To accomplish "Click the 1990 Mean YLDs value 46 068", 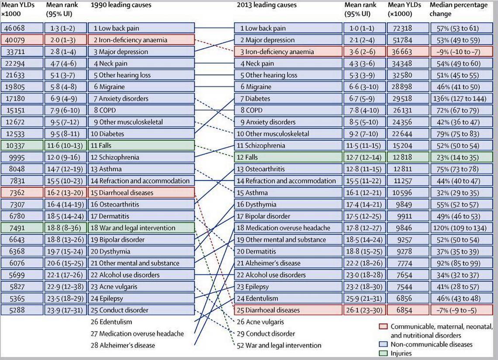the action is pos(14,28).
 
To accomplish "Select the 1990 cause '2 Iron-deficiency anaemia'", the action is pos(130,40).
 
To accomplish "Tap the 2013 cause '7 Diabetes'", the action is pos(255,98).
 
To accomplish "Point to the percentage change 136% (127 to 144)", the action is pos(460,98).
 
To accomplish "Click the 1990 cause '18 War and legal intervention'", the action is pos(133,228).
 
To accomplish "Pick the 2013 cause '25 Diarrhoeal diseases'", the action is pos(268,310).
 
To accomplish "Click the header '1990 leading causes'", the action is pos(121,5).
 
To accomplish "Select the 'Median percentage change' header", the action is pos(459,9).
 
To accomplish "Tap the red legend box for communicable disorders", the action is pos(384,327).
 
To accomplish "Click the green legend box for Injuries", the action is pos(384,353).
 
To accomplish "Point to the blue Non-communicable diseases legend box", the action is pos(384,344).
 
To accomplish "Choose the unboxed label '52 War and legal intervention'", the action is pos(279,346).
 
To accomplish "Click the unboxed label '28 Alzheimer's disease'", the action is pos(123,346).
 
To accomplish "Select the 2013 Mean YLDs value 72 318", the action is pos(402,28).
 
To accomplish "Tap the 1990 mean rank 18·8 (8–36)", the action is pos(65,228).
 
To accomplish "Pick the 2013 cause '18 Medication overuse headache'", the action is pos(284,228).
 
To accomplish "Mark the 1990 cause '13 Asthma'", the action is pos(106,169).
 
